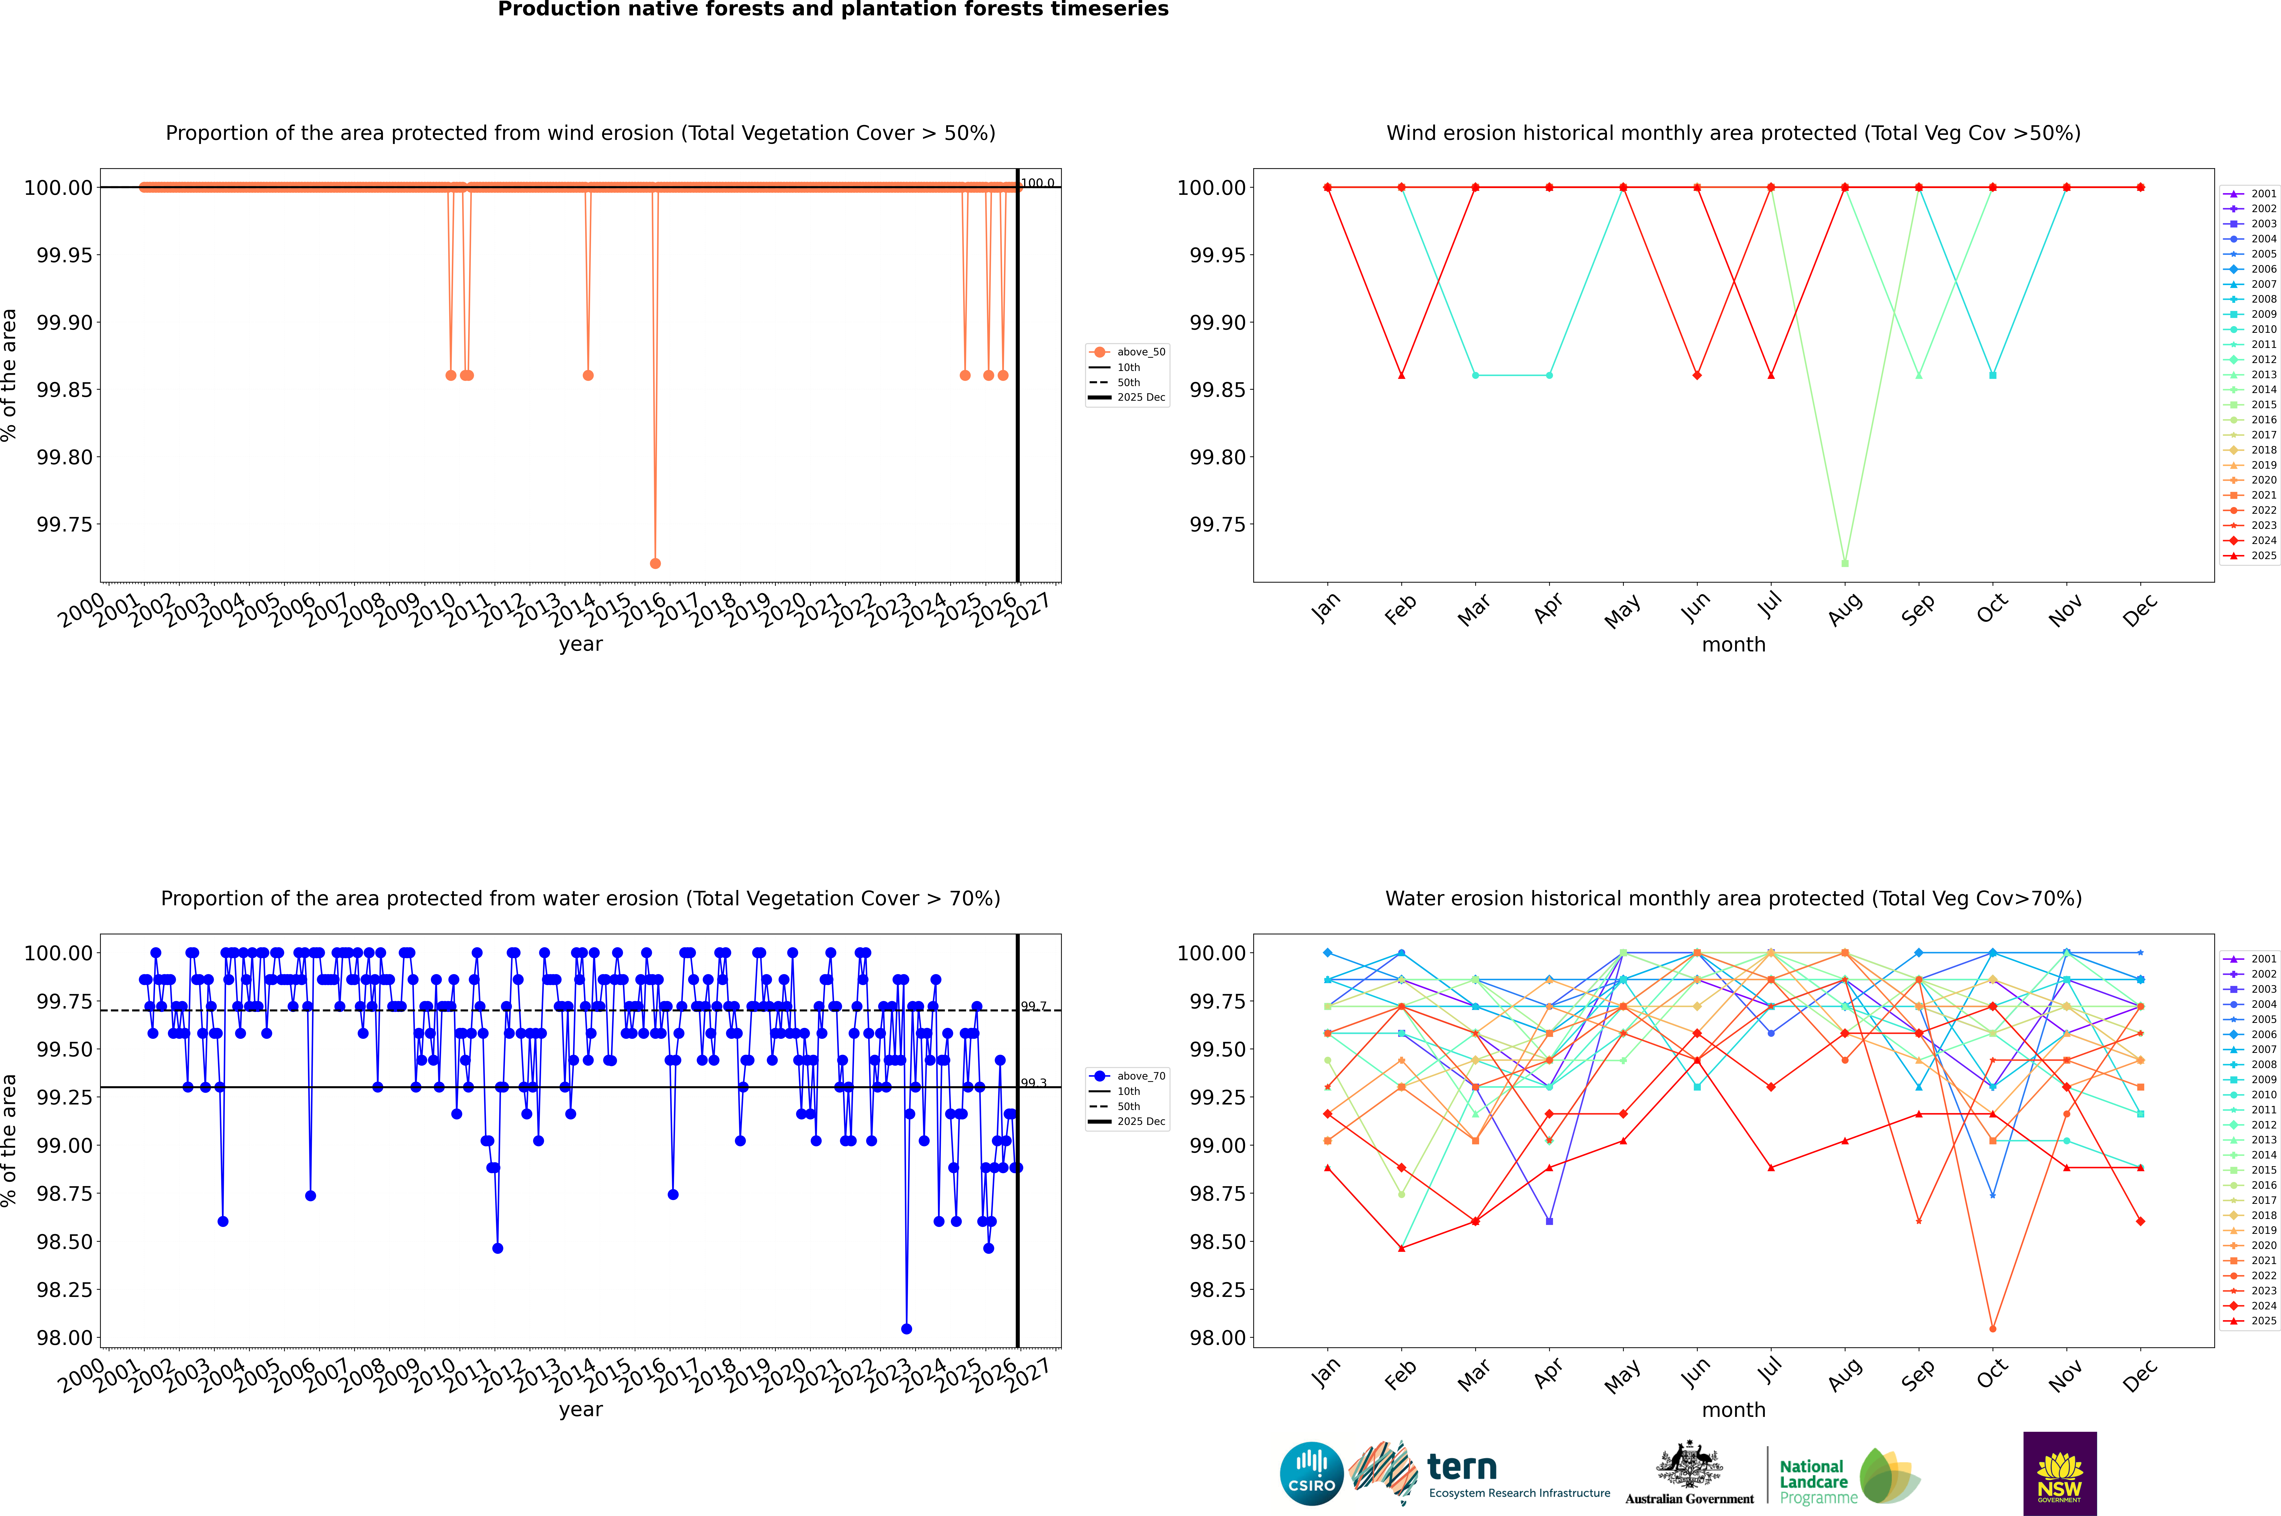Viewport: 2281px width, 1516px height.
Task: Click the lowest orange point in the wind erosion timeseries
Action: coord(656,563)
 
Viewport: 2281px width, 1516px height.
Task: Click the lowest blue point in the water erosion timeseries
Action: coord(906,1328)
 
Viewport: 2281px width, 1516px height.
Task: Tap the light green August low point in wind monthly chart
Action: coord(1845,563)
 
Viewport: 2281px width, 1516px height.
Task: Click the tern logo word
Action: coord(1462,1468)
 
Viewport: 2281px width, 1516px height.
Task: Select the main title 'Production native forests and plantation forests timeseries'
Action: coord(833,10)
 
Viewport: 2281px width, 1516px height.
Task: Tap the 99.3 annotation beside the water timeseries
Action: coord(1034,1083)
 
